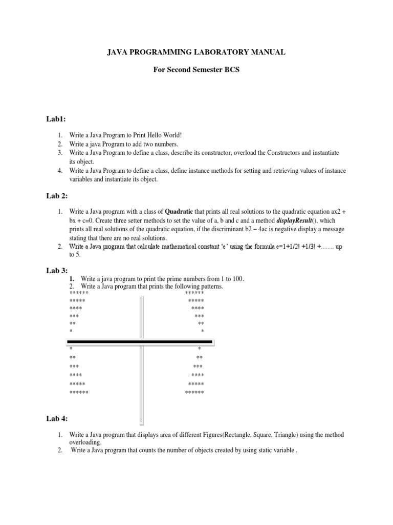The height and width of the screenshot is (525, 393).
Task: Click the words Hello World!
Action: point(166,135)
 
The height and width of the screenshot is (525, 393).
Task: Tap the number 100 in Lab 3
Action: point(237,278)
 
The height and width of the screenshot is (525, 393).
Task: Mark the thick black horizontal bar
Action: point(143,341)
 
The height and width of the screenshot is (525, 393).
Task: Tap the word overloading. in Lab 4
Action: point(85,442)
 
